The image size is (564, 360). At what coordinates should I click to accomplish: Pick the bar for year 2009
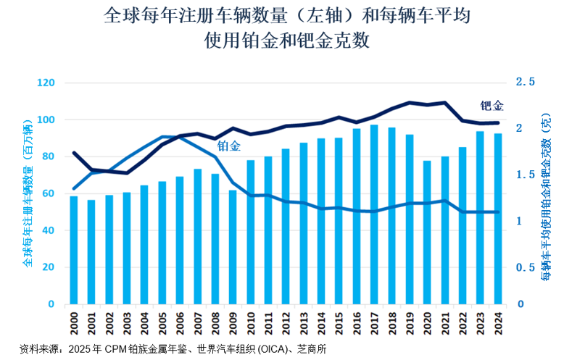pos(233,247)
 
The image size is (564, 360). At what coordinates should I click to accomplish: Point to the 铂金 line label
pos(229,146)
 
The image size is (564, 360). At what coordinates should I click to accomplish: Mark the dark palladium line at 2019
pos(410,103)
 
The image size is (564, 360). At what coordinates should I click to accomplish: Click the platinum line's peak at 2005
pos(162,136)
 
